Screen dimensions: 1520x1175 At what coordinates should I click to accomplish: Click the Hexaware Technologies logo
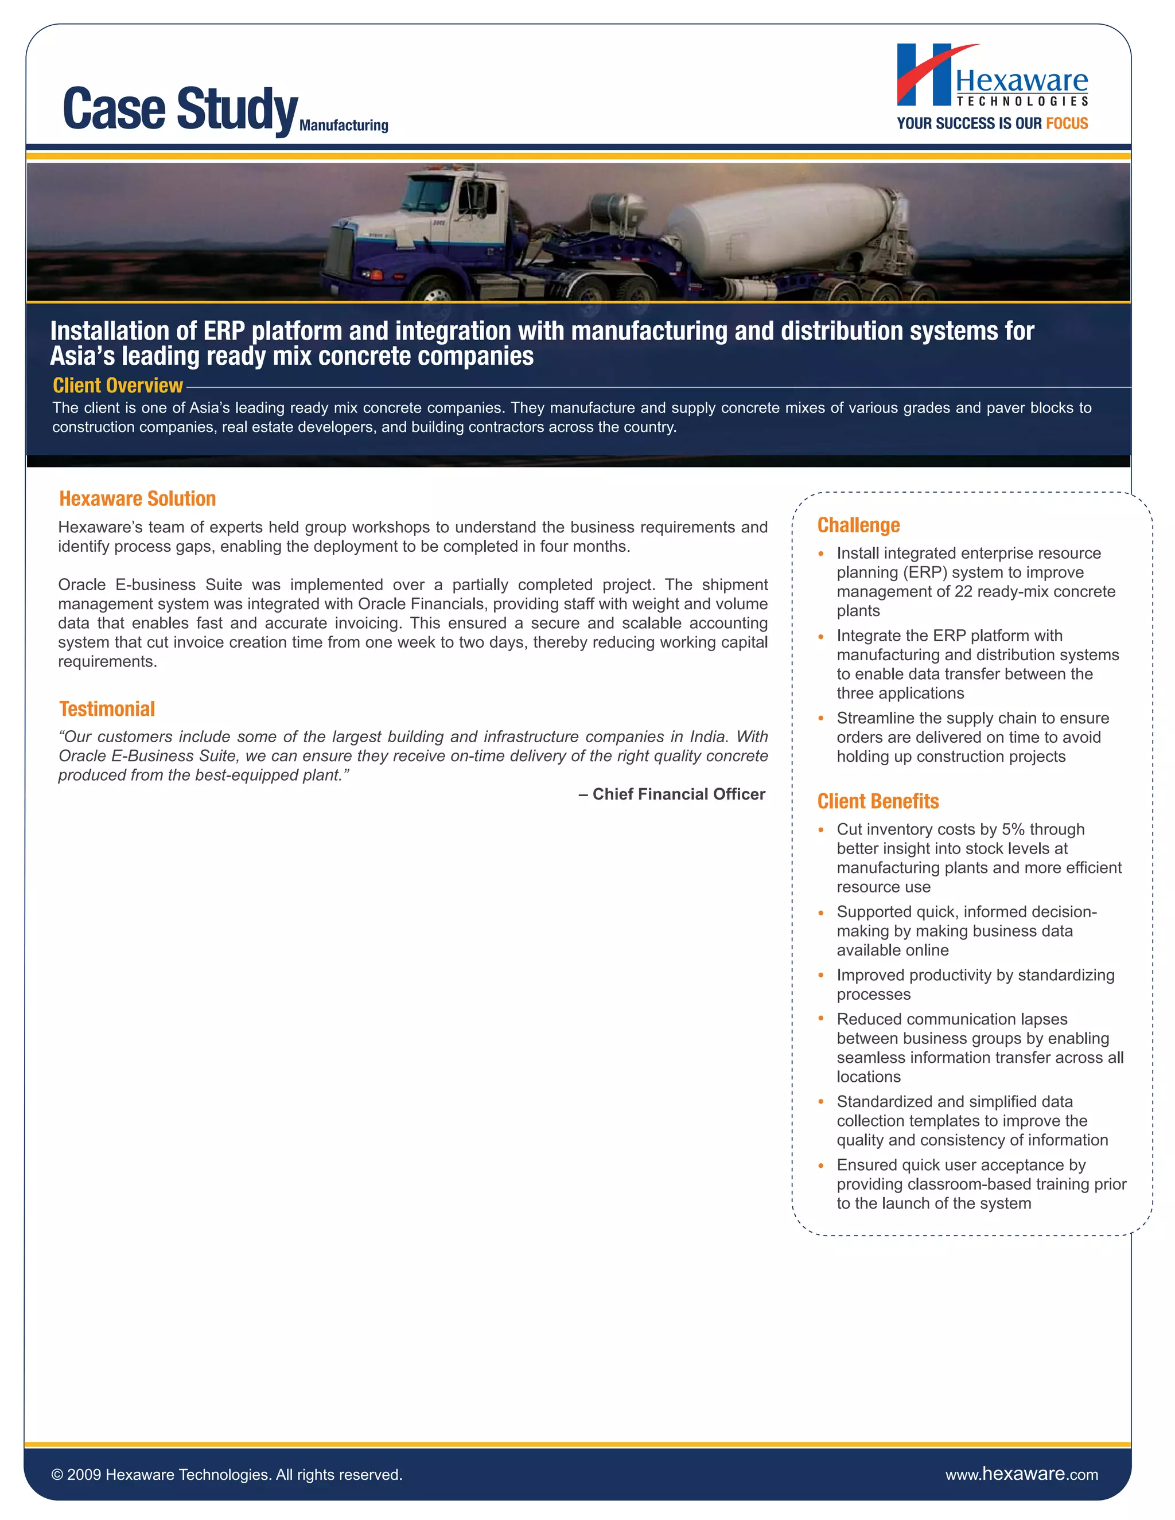pos(991,76)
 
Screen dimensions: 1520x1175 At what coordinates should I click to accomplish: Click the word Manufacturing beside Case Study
pos(343,125)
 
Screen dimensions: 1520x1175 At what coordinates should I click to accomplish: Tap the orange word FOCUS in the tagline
pos(1067,123)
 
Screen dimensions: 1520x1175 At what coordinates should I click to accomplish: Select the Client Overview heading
pos(118,385)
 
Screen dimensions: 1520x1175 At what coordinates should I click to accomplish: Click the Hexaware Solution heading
pos(137,498)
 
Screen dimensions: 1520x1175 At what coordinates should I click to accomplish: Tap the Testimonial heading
pos(107,708)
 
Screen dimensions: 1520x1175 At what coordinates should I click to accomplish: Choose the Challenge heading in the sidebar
pos(858,525)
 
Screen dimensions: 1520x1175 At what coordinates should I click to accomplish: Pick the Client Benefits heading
pos(877,801)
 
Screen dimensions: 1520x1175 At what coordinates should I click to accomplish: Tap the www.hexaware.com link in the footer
pos(1021,1474)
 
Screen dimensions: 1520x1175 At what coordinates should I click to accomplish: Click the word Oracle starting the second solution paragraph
pos(81,584)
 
